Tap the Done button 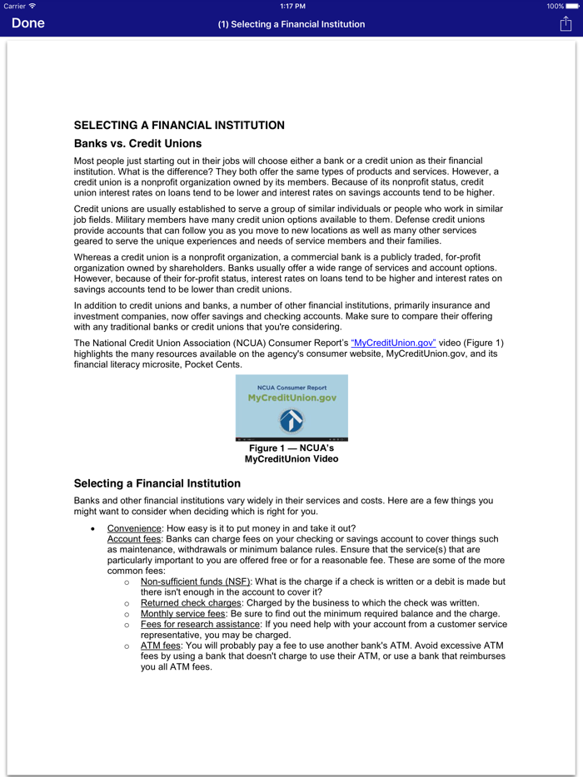click(x=28, y=23)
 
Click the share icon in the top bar click(x=566, y=23)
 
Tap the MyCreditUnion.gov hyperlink click(x=393, y=343)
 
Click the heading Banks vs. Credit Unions click(x=137, y=144)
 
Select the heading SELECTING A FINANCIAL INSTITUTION click(x=179, y=126)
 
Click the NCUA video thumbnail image click(x=291, y=407)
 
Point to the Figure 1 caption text click(x=291, y=453)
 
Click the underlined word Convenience click(x=134, y=528)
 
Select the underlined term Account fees click(x=135, y=539)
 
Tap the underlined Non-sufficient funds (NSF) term click(x=195, y=582)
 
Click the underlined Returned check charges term click(x=191, y=602)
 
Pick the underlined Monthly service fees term click(x=182, y=613)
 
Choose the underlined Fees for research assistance click(x=200, y=624)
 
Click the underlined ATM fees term click(x=159, y=646)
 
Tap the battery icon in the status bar click(x=572, y=6)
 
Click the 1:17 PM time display click(x=291, y=6)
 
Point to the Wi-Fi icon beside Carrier click(x=32, y=6)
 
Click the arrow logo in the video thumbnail click(x=291, y=420)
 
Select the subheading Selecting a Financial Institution click(x=157, y=483)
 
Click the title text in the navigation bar click(x=291, y=24)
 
